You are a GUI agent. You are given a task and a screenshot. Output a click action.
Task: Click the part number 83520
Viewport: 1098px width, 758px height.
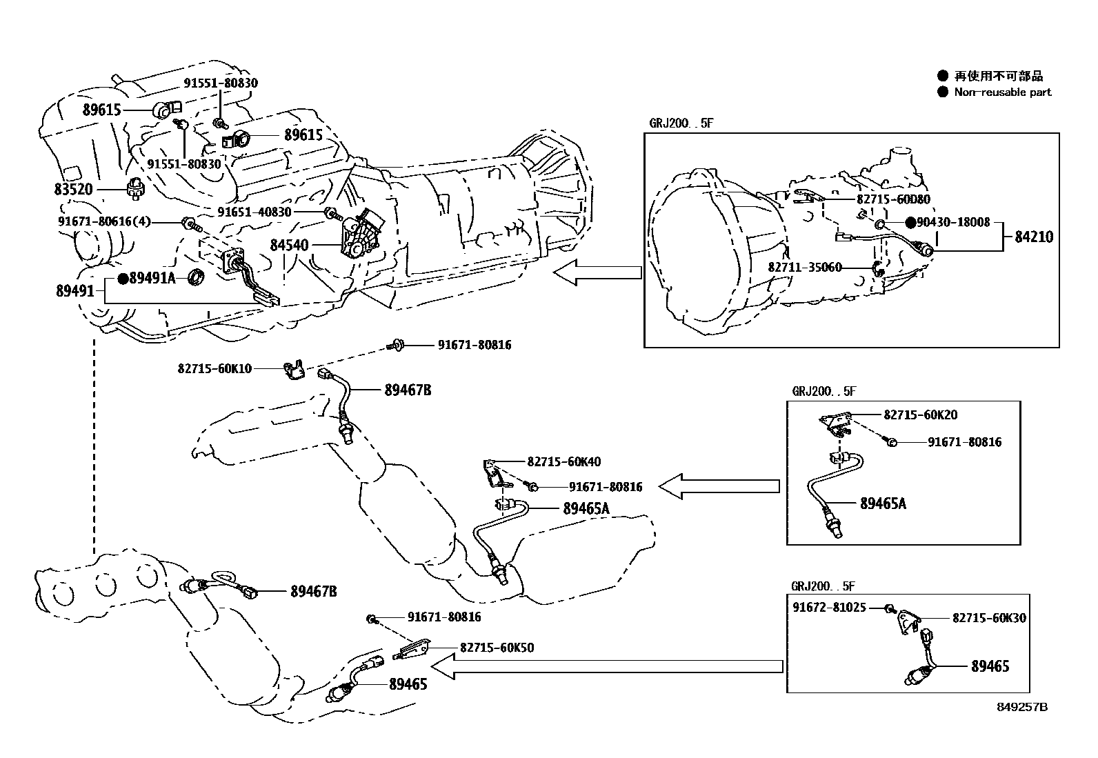[73, 188]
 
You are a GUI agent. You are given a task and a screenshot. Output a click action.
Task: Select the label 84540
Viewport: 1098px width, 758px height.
[289, 246]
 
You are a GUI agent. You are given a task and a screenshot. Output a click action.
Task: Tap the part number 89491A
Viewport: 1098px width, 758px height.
[152, 278]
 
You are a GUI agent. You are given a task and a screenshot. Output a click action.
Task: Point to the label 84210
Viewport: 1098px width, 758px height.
[1034, 237]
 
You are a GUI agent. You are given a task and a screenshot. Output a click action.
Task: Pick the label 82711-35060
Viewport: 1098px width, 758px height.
[805, 267]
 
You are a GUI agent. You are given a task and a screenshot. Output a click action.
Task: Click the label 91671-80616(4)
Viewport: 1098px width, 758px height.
[104, 221]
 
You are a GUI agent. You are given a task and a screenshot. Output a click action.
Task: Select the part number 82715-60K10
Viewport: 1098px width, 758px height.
[214, 369]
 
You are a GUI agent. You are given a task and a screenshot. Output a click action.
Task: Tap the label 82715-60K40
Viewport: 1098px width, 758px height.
[563, 461]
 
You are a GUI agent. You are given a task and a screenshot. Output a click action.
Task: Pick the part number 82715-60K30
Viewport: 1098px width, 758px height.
[989, 618]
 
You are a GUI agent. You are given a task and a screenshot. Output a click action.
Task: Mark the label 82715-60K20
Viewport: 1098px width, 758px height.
[920, 415]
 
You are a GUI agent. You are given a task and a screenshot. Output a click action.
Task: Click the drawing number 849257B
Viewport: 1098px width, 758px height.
[1021, 707]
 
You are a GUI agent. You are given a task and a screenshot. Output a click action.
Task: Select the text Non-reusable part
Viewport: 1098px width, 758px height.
[1003, 92]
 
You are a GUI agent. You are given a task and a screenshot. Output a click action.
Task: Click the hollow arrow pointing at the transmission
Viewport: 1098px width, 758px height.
[597, 273]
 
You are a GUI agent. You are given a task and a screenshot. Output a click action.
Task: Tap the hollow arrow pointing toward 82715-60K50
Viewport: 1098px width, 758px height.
[607, 666]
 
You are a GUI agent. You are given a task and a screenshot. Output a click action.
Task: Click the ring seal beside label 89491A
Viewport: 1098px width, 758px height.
[197, 278]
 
